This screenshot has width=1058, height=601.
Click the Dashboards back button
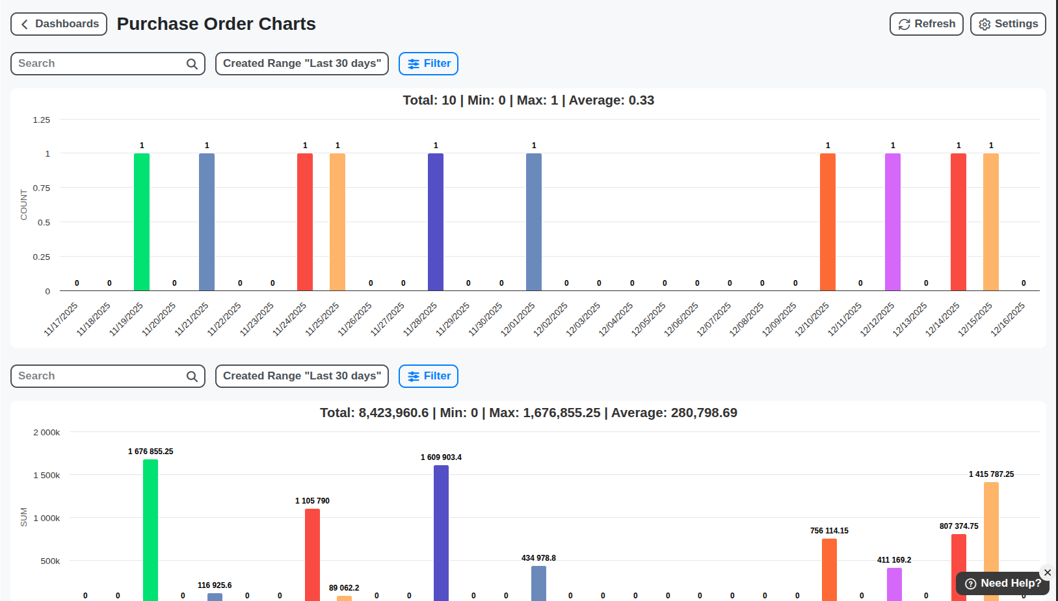[59, 24]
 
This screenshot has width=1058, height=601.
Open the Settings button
[1007, 24]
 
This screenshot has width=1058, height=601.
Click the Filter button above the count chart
[429, 64]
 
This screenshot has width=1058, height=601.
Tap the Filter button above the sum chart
[429, 376]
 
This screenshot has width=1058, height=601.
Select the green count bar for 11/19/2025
[142, 222]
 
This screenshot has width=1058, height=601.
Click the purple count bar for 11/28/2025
[436, 222]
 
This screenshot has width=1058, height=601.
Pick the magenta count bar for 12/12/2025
[893, 222]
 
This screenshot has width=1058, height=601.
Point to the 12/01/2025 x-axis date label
[518, 319]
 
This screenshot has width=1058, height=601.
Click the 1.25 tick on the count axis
[42, 120]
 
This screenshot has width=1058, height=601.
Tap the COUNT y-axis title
[24, 205]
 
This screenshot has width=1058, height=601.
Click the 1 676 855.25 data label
[151, 452]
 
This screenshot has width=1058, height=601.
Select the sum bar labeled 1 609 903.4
[441, 533]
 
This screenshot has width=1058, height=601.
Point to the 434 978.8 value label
[538, 558]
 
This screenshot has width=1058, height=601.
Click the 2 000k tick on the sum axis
[47, 433]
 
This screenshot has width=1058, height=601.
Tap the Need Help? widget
[1003, 583]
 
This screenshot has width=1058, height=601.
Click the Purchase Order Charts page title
[217, 24]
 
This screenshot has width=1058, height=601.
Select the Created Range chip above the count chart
[302, 64]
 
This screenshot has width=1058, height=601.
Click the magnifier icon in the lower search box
[192, 376]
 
